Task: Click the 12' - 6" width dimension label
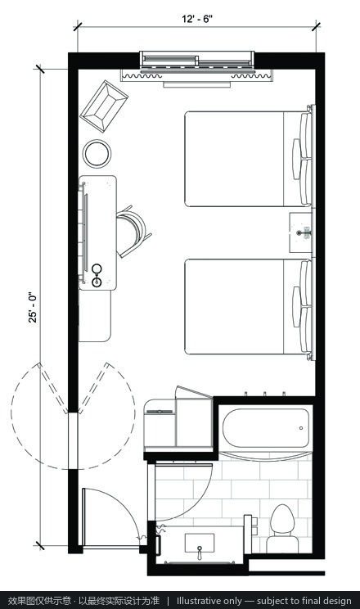pyautogui.click(x=197, y=19)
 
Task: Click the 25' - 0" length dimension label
pyautogui.click(x=33, y=307)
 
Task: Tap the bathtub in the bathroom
pyautogui.click(x=266, y=428)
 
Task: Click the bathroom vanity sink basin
pyautogui.click(x=199, y=540)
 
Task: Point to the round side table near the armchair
pyautogui.click(x=97, y=153)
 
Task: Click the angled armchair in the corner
pyautogui.click(x=104, y=106)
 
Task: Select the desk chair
pyautogui.click(x=133, y=232)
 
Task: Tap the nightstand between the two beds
pyautogui.click(x=301, y=232)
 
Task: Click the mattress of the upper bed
pyautogui.click(x=234, y=159)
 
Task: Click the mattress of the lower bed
pyautogui.click(x=234, y=306)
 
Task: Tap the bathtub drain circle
pyautogui.click(x=301, y=428)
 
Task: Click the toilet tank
pyautogui.click(x=282, y=544)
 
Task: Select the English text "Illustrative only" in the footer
pyautogui.click(x=209, y=601)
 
